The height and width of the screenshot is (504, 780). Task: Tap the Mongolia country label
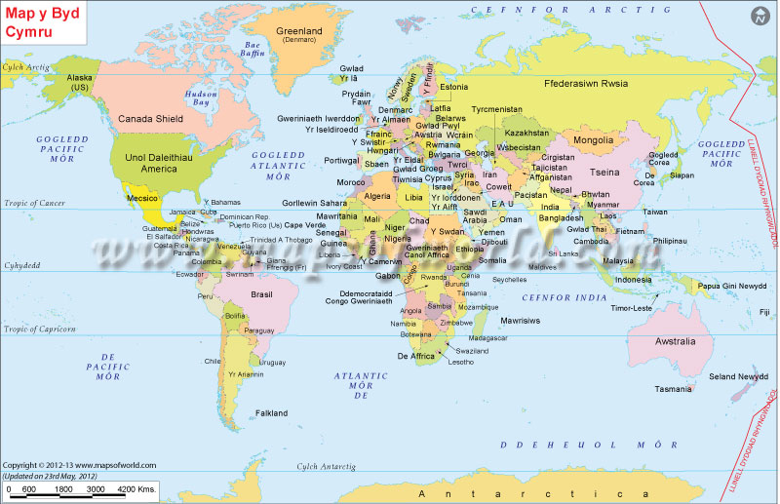[x=593, y=140]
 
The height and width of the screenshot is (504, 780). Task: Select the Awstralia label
[x=676, y=341]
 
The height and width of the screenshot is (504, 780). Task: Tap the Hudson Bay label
[x=201, y=97]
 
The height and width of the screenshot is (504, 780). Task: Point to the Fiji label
[x=763, y=312]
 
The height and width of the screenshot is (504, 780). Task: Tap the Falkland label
[x=271, y=413]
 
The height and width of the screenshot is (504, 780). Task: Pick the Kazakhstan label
[x=527, y=133]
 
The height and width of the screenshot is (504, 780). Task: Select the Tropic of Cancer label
[x=33, y=203]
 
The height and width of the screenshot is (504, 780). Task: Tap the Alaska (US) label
[x=79, y=82]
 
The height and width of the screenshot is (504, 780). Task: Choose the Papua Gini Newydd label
[x=731, y=286]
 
